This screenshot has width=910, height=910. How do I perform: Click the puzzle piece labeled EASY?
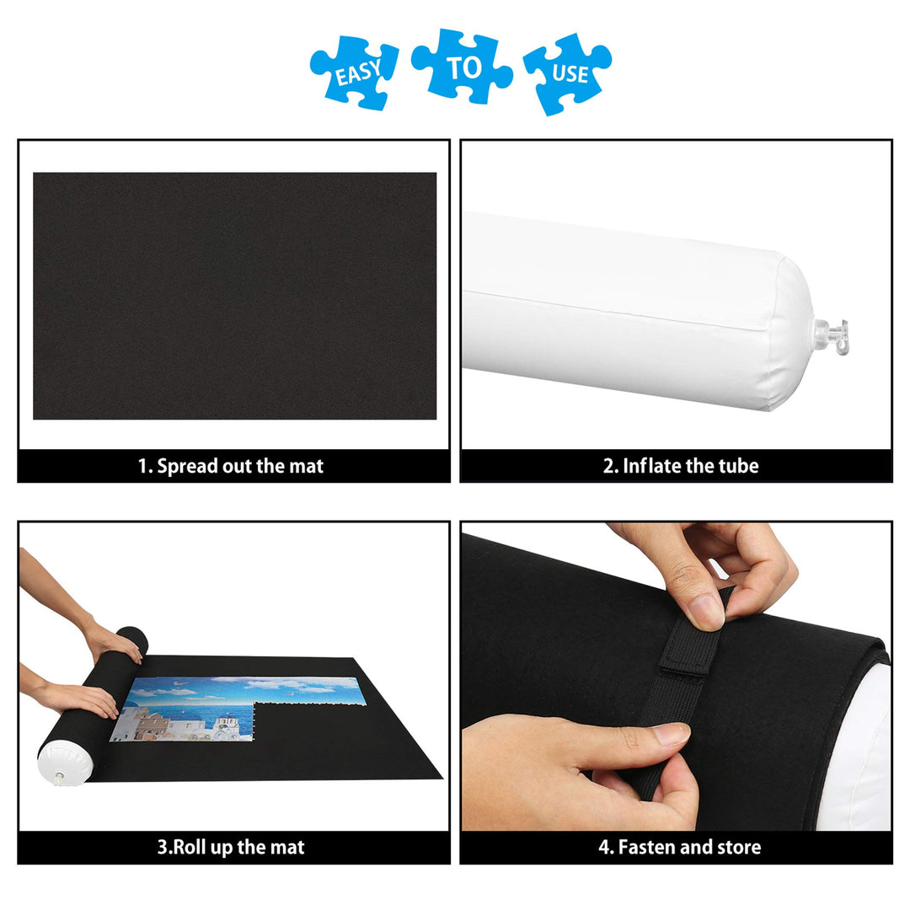click(x=354, y=72)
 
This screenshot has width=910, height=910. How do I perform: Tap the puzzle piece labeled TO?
click(x=462, y=67)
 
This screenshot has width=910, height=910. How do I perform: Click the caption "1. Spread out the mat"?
click(x=231, y=466)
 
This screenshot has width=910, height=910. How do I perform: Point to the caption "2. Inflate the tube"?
click(x=680, y=466)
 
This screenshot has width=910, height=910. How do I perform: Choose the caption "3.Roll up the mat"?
click(x=231, y=847)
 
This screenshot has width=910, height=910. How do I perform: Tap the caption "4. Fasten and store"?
click(x=679, y=847)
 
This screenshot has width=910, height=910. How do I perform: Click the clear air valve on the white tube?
click(x=831, y=332)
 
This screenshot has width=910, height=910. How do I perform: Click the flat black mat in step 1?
click(x=234, y=295)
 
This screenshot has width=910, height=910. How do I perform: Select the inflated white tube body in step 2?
click(x=632, y=312)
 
